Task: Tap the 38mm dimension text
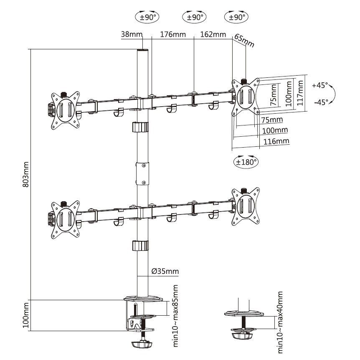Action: (131, 34)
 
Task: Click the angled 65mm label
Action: (244, 41)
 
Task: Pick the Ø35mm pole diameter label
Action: (165, 271)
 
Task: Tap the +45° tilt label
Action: (320, 85)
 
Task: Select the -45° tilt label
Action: (320, 102)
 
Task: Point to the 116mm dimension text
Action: (276, 141)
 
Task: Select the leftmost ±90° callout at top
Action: (147, 17)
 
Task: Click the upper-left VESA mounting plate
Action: (65, 110)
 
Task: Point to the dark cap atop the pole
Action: (142, 51)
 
